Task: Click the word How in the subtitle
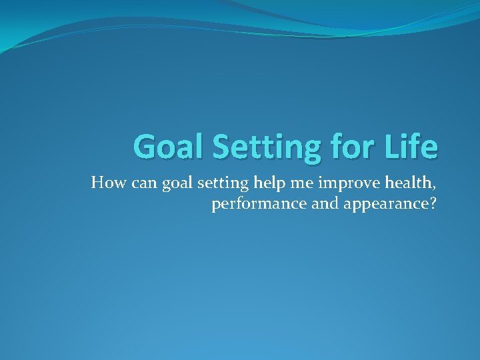(105, 183)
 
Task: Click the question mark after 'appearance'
(432, 204)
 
